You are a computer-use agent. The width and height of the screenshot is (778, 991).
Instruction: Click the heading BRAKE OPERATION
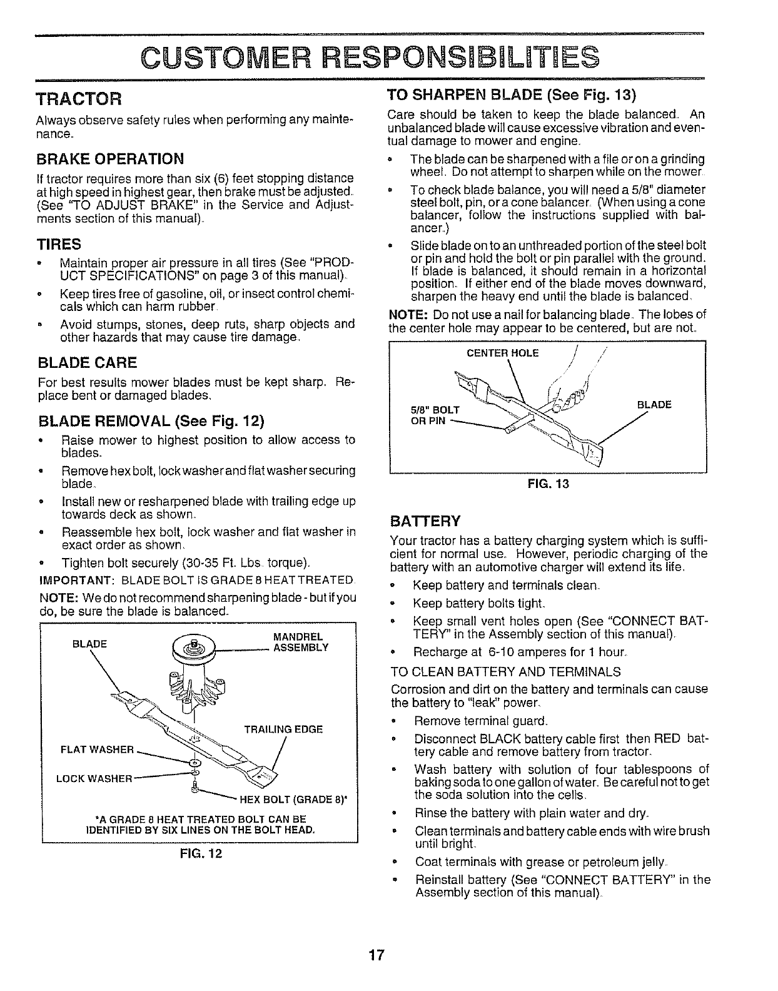pos(111,158)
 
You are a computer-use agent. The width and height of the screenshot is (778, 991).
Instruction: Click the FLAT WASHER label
pos(98,750)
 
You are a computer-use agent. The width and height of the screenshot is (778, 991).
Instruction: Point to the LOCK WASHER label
pos(94,779)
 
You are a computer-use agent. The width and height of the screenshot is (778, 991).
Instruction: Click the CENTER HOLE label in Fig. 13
pos(502,353)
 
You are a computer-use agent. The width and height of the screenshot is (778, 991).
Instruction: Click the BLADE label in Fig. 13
pos(654,405)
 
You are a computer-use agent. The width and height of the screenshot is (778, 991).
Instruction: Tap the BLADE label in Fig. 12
pos(90,644)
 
